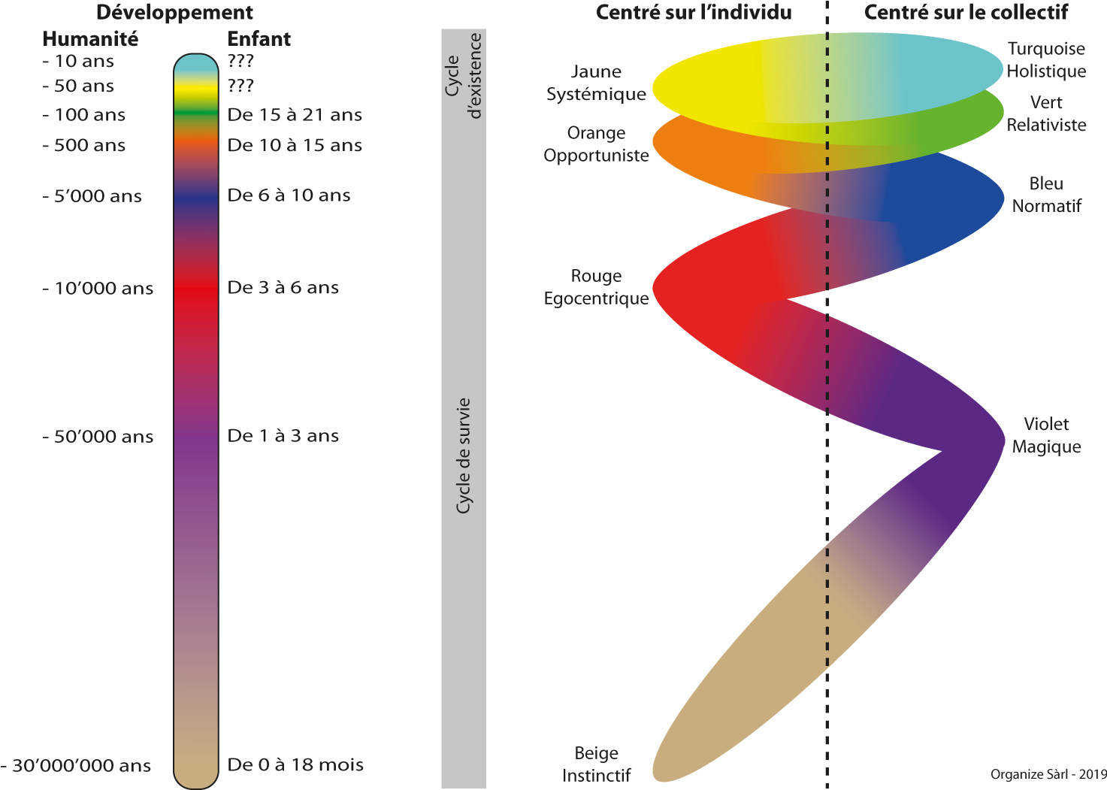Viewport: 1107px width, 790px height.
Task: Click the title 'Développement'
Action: (174, 13)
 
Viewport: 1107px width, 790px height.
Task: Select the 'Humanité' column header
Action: (90, 39)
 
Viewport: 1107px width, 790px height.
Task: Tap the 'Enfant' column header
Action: (259, 39)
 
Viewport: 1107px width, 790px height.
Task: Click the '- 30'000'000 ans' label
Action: (77, 766)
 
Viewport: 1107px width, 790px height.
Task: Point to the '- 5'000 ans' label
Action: (92, 197)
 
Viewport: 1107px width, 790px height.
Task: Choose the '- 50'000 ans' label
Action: (98, 437)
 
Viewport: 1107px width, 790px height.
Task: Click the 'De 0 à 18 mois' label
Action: (295, 765)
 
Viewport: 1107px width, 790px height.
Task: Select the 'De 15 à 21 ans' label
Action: (295, 115)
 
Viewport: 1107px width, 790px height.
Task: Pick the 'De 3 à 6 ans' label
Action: (283, 288)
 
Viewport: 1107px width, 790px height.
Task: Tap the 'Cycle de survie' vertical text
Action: (464, 456)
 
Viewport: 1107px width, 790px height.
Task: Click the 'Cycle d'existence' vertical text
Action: (463, 76)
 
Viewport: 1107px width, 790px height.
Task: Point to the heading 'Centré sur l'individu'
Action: (694, 13)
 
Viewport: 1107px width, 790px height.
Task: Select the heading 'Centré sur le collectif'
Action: (966, 13)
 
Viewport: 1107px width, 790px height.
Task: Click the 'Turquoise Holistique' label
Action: (1046, 60)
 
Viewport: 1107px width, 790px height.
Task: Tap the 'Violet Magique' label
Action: (1046, 435)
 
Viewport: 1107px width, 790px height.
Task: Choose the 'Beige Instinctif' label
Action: (596, 764)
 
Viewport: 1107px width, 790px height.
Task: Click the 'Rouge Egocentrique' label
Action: (596, 287)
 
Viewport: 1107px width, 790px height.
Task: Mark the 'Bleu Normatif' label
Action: (1046, 195)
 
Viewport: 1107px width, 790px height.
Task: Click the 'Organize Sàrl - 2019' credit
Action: (1048, 774)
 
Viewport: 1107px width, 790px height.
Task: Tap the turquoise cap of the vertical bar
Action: (195, 64)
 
